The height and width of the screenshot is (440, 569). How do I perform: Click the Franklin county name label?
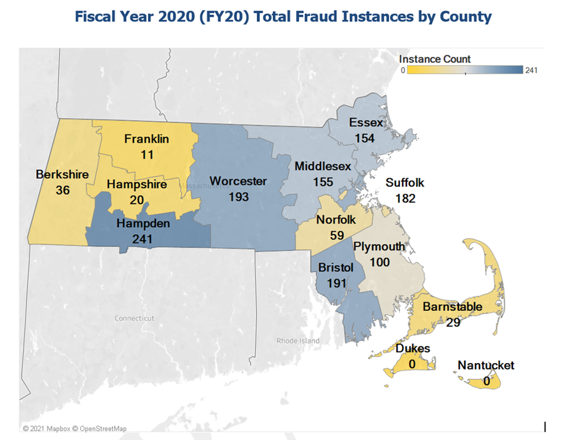[x=146, y=139]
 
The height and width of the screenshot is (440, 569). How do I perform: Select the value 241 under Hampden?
[x=142, y=239]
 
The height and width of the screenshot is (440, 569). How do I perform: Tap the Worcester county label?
[x=238, y=181]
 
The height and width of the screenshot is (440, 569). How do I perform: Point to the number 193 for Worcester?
[x=238, y=197]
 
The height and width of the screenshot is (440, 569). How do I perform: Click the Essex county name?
[x=366, y=122]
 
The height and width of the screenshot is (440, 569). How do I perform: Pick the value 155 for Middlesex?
[x=323, y=182]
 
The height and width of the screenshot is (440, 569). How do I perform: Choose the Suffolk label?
[x=405, y=182]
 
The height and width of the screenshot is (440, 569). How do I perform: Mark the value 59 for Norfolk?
[x=337, y=235]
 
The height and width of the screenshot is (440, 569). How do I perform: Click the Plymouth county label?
[x=379, y=246]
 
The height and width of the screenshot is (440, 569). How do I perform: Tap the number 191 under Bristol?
[x=337, y=283]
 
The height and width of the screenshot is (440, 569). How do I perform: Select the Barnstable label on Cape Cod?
[x=453, y=307]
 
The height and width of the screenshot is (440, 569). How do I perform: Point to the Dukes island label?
[x=413, y=348]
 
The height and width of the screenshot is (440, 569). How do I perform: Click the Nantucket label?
[x=486, y=366]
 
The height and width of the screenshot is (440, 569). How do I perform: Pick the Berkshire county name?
[x=62, y=174]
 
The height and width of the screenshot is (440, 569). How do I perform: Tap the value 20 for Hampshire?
[x=137, y=200]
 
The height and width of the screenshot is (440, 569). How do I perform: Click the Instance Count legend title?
[x=435, y=59]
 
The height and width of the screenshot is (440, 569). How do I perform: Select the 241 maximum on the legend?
[x=531, y=70]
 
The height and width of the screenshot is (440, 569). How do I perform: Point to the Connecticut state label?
[x=134, y=318]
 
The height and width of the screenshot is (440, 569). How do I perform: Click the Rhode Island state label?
[x=298, y=341]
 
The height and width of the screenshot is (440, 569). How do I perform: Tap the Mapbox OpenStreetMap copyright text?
[x=75, y=429]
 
